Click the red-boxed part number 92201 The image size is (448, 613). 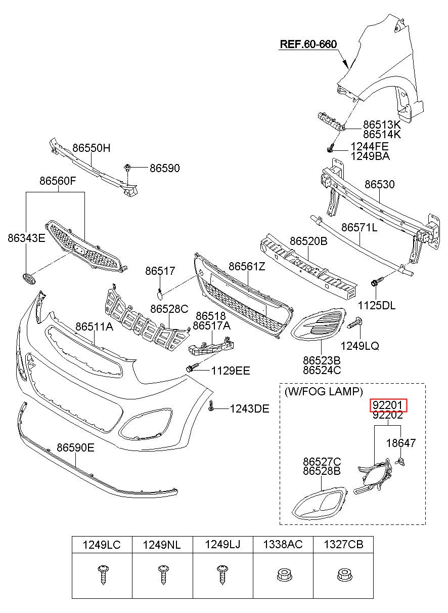[388, 405]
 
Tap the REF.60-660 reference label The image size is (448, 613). [308, 44]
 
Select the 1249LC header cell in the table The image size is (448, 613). [102, 545]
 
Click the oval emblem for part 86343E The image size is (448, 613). [29, 278]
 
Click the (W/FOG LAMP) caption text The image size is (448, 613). [324, 392]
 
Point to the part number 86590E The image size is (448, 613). [75, 447]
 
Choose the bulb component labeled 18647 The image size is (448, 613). [400, 461]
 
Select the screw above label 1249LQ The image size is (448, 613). [355, 323]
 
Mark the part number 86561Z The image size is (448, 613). [247, 266]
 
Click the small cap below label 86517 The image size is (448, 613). [160, 294]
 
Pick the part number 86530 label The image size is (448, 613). [380, 184]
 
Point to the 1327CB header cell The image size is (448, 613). [343, 545]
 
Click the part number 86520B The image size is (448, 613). [308, 241]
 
